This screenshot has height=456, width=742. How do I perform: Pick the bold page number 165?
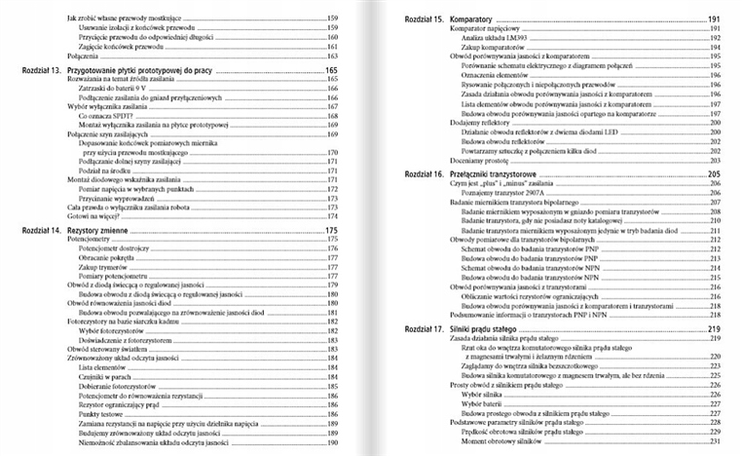click(x=331, y=71)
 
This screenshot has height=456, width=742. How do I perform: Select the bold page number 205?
click(x=714, y=173)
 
